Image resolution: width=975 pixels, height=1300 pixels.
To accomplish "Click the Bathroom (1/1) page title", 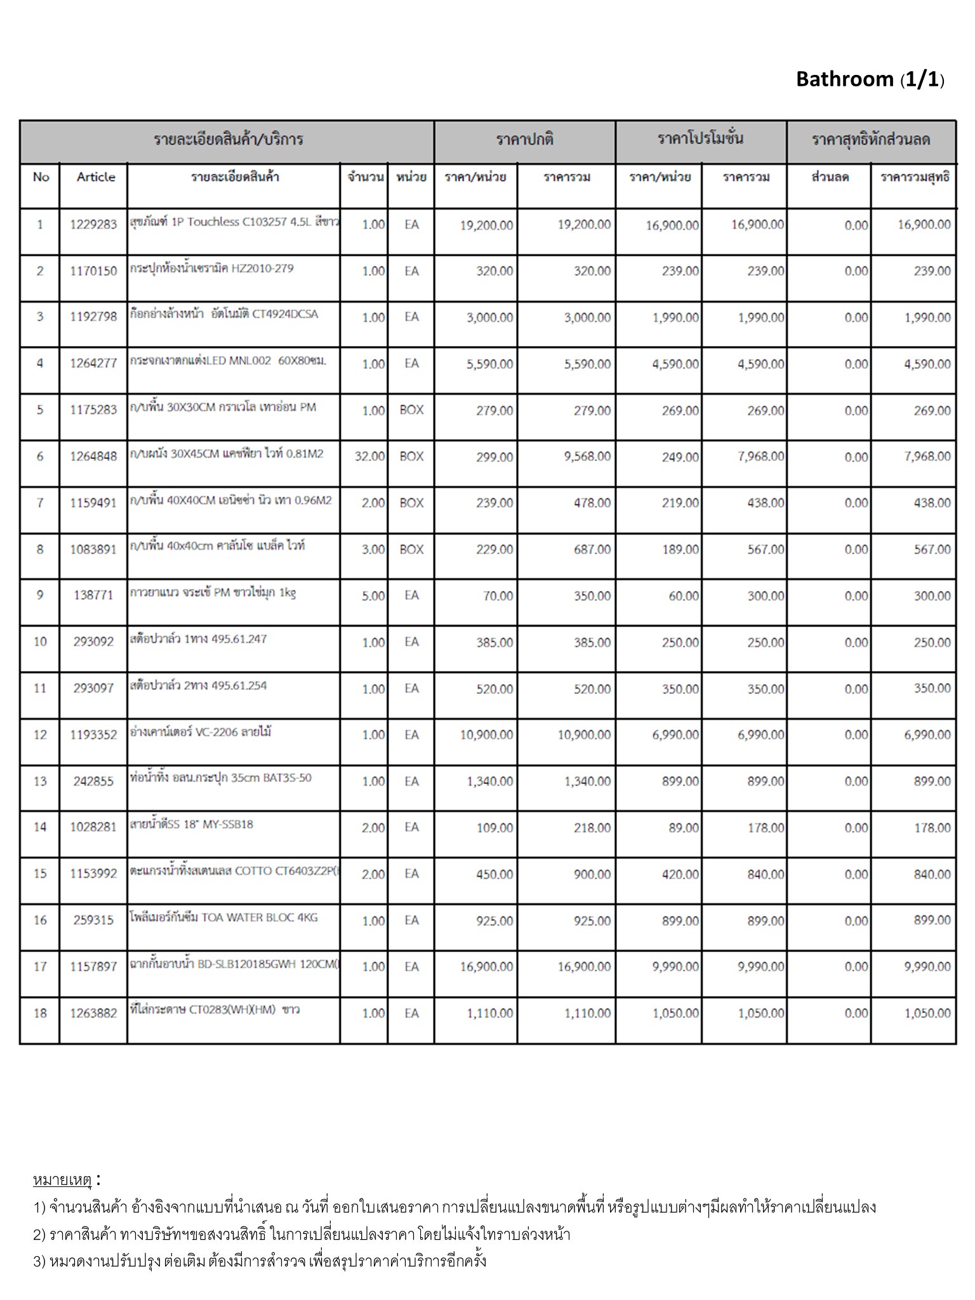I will (870, 79).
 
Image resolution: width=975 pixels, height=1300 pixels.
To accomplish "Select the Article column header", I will (96, 177).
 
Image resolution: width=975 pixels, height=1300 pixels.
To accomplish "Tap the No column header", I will (41, 177).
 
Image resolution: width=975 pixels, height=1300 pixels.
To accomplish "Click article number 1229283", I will (93, 225).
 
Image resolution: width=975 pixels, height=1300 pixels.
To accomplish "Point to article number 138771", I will (93, 595).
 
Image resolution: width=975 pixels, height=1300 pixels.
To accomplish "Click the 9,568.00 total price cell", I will (587, 456).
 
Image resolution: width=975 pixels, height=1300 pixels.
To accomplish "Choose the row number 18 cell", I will (40, 1013).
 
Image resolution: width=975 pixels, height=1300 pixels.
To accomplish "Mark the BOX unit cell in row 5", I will (411, 410).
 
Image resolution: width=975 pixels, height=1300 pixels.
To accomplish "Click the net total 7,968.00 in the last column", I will (927, 456).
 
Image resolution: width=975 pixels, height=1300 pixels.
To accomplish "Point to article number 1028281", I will (93, 828).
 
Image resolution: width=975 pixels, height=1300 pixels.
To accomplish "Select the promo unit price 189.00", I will (680, 550).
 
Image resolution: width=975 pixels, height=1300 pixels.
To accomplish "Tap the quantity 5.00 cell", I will (373, 596).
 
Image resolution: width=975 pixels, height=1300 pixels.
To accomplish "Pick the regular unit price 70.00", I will (498, 596).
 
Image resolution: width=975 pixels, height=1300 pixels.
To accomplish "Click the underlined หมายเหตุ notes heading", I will (62, 1180).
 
